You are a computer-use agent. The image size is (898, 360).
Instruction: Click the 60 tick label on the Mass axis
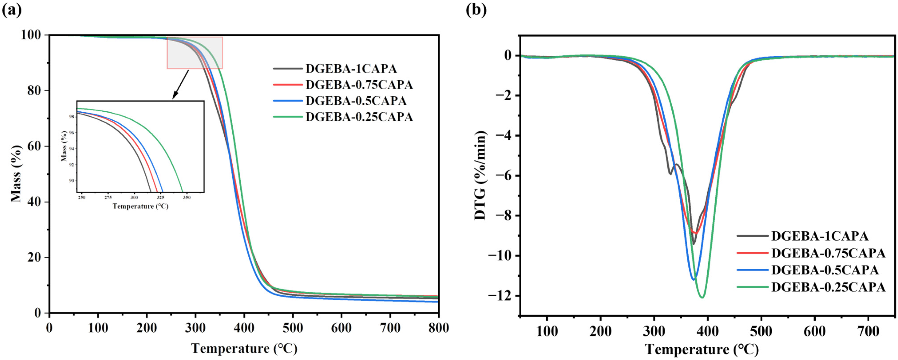click(34, 146)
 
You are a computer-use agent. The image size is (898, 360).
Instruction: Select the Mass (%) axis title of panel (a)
click(16, 173)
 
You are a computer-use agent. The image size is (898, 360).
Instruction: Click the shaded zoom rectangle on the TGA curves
click(194, 53)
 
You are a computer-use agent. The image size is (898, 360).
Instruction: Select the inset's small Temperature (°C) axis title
click(140, 206)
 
